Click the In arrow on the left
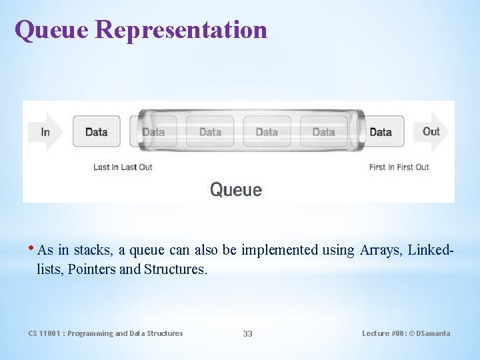click(45, 131)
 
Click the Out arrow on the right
click(431, 131)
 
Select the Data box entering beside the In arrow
click(96, 132)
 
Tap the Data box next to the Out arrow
click(380, 132)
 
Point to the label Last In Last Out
click(123, 167)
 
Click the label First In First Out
click(399, 167)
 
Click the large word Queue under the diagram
click(236, 189)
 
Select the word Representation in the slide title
click(181, 30)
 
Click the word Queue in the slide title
click(51, 30)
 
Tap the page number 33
click(247, 333)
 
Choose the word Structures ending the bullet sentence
click(175, 269)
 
